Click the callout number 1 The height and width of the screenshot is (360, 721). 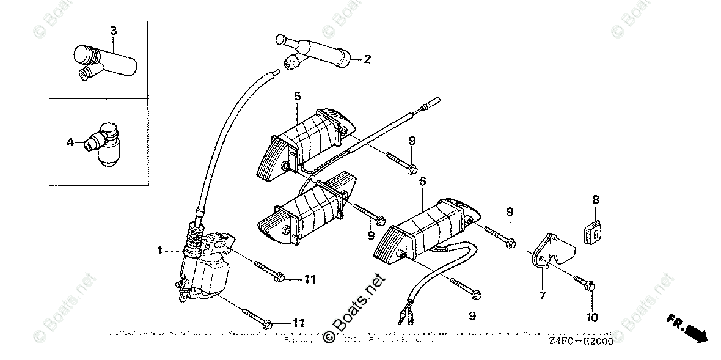pyautogui.click(x=159, y=250)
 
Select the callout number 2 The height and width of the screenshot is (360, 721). pyautogui.click(x=367, y=59)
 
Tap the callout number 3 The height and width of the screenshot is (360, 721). pyautogui.click(x=113, y=30)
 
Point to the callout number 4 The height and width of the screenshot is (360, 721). pyautogui.click(x=70, y=142)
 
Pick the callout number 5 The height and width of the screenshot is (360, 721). pyautogui.click(x=297, y=96)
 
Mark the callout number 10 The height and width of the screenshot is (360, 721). pyautogui.click(x=592, y=317)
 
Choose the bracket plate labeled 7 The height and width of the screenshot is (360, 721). pyautogui.click(x=553, y=251)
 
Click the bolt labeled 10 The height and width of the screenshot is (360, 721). pyautogui.click(x=583, y=282)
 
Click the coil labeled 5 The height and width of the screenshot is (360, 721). pyautogui.click(x=299, y=144)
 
